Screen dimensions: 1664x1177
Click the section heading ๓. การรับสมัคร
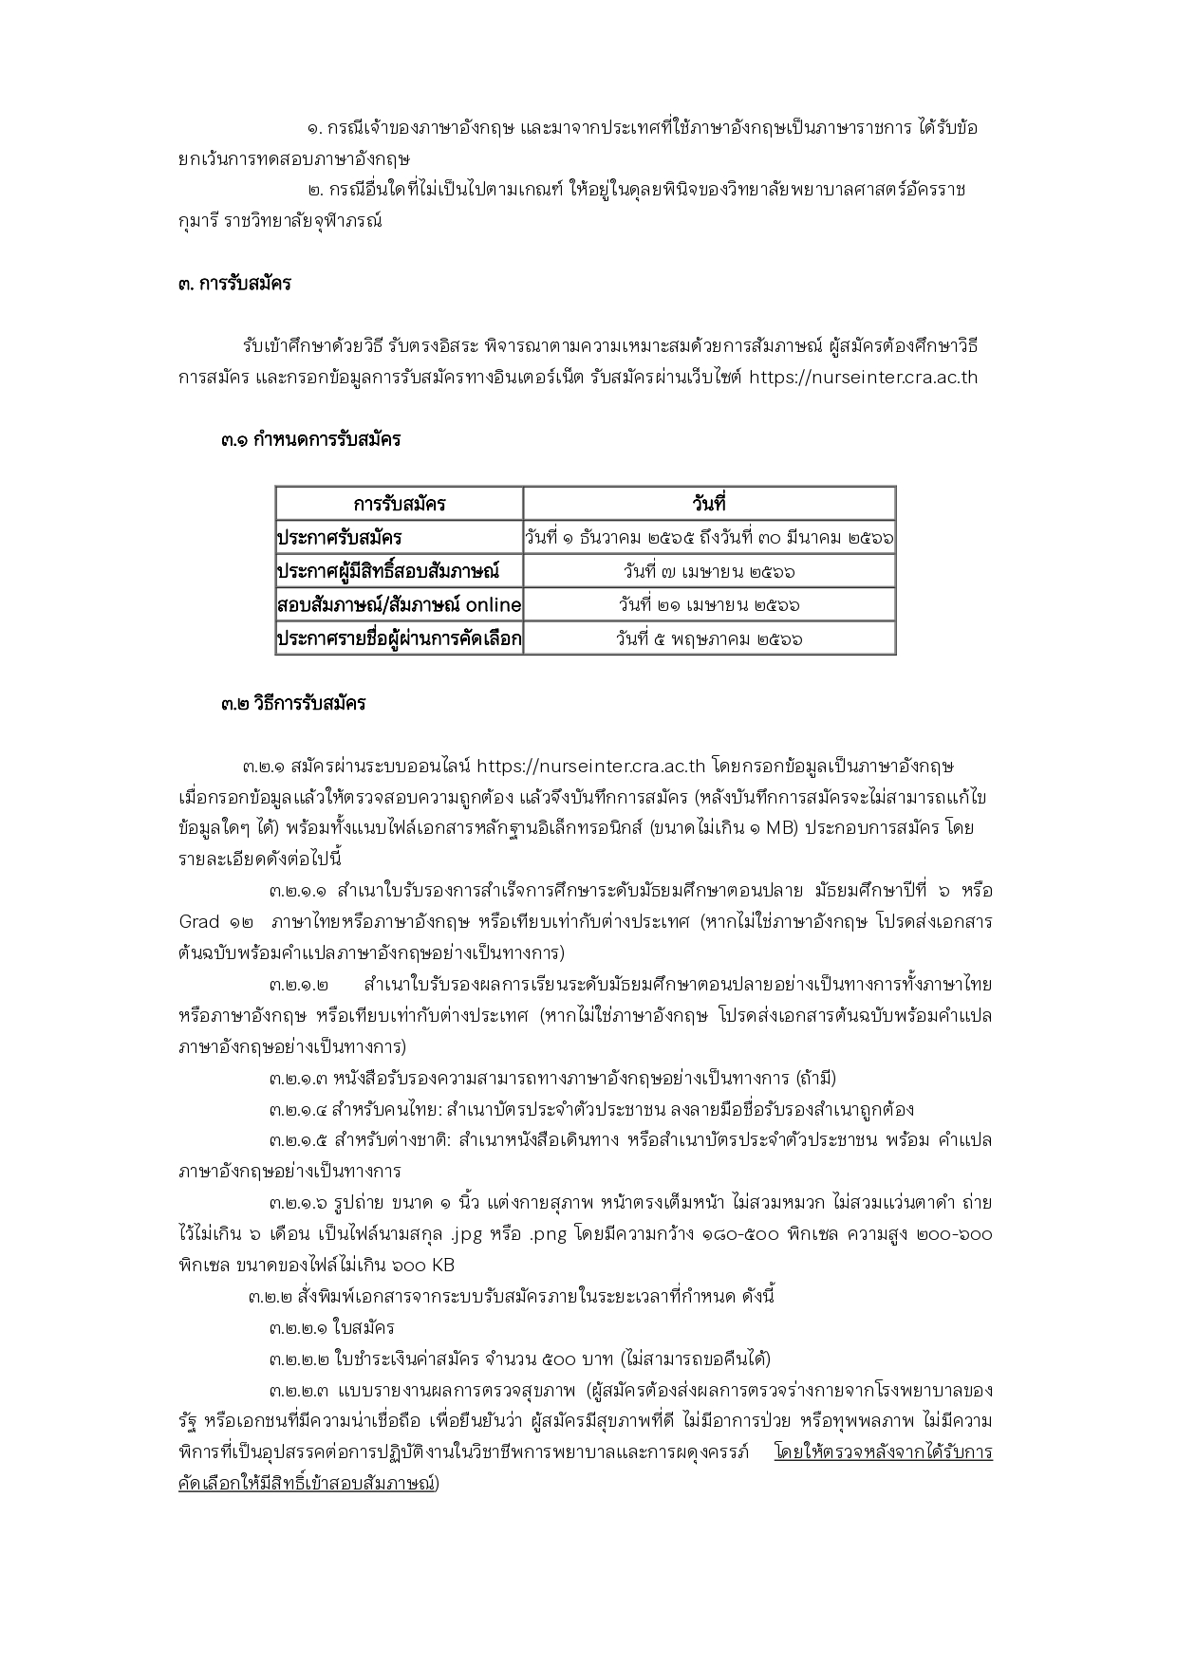[234, 284]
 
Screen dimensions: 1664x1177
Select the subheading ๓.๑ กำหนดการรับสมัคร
[311, 439]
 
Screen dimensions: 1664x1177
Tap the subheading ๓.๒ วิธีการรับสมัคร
[293, 704]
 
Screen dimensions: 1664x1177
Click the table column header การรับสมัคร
[399, 504]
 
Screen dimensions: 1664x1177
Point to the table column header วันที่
[709, 504]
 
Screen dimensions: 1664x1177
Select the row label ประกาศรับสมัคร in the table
[339, 538]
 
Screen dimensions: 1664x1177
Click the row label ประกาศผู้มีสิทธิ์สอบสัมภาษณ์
[387, 571]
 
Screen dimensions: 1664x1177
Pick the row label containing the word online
[399, 604]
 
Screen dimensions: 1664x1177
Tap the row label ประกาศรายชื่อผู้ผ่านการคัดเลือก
[399, 638]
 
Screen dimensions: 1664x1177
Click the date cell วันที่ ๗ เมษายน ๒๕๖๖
[709, 572]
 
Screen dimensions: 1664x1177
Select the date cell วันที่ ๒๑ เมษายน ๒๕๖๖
[709, 605]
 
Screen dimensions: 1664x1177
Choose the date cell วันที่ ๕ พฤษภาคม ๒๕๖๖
[709, 639]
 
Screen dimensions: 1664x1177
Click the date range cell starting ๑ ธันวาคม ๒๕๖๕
[709, 538]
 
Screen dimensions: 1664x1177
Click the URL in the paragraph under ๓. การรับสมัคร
[863, 378]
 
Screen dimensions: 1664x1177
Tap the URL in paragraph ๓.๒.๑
[589, 766]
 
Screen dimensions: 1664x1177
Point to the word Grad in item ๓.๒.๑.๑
[199, 922]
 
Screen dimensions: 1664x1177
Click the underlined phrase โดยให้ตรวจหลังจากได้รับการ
[883, 1452]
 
